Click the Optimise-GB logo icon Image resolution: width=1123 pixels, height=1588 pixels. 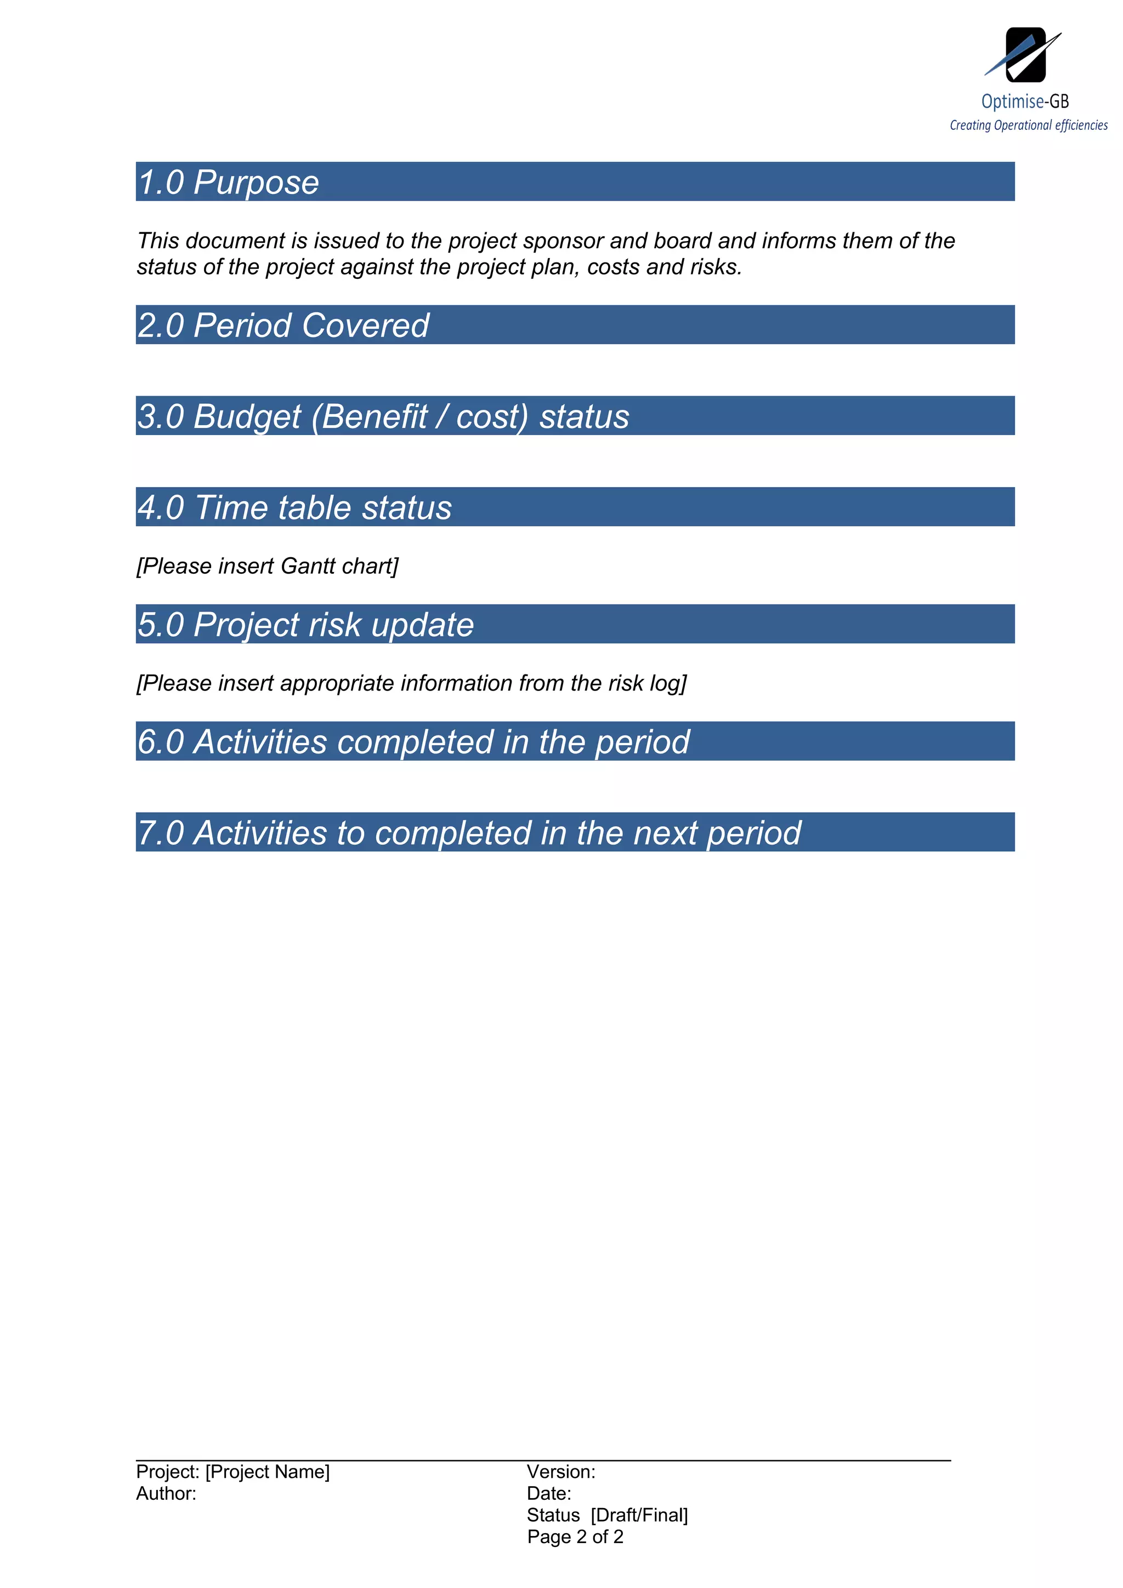[x=1024, y=55]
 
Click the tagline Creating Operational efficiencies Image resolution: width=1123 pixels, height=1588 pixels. [x=1028, y=125]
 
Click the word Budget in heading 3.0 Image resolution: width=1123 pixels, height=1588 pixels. [x=247, y=416]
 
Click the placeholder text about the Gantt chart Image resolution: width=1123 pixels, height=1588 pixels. [x=267, y=567]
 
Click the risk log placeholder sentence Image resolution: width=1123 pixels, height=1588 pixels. [x=411, y=683]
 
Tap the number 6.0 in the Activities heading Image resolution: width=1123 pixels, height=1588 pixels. [x=161, y=742]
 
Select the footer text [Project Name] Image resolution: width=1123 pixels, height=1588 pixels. [x=267, y=1471]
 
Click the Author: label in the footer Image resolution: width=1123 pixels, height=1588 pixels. [x=166, y=1493]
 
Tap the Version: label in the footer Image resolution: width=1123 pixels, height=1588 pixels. [x=560, y=1471]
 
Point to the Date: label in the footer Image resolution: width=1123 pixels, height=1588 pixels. [x=549, y=1493]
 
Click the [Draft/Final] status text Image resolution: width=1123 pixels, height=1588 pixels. [x=639, y=1515]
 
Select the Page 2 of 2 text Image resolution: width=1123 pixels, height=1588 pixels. [x=575, y=1537]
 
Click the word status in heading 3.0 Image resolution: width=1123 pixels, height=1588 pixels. [x=584, y=416]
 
